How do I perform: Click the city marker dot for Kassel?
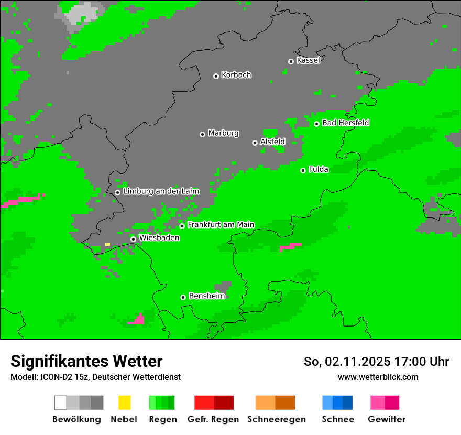coord(291,61)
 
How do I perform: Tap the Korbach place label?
coord(236,75)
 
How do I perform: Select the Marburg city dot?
coord(202,134)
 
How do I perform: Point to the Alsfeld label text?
coord(272,142)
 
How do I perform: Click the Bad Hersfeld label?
coord(345,123)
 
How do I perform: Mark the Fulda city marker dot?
coord(303,170)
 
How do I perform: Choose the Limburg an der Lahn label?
coord(161,191)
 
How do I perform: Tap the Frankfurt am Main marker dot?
coord(182,226)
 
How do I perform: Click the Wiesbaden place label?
coord(159,237)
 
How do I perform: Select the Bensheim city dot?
coord(183,297)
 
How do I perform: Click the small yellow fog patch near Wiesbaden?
coord(107,244)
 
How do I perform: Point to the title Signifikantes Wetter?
coord(86,361)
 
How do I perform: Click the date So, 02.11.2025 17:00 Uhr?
coord(376,362)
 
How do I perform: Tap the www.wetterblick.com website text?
coord(378,377)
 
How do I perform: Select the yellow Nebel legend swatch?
coord(124,403)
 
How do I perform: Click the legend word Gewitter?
coord(386,419)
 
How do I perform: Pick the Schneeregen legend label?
coord(276,419)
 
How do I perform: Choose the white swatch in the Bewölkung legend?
coord(60,403)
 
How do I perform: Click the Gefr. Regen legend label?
coord(213,419)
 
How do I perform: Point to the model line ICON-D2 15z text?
coord(95,377)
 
